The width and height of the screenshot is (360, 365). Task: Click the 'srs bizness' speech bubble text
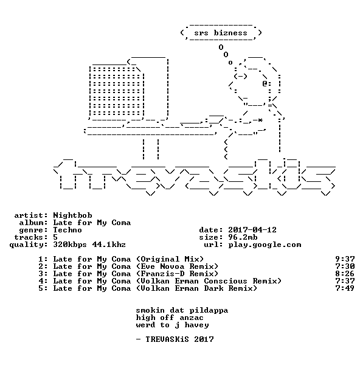pyautogui.click(x=221, y=33)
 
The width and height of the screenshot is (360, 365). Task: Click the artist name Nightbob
pyautogui.click(x=72, y=215)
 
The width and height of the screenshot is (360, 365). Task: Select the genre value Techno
pyautogui.click(x=67, y=230)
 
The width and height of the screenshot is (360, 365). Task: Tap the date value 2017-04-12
pyautogui.click(x=252, y=230)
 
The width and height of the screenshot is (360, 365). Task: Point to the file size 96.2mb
pyautogui.click(x=243, y=237)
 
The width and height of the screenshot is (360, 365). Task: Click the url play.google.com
pyautogui.click(x=265, y=245)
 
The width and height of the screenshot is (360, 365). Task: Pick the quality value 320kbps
pyautogui.click(x=70, y=245)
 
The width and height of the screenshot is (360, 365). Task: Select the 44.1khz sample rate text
pyautogui.click(x=109, y=245)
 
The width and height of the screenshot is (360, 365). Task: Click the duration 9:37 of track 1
pyautogui.click(x=345, y=259)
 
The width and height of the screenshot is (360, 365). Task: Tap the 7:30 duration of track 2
pyautogui.click(x=345, y=266)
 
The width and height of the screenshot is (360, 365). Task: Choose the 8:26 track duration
pyautogui.click(x=345, y=274)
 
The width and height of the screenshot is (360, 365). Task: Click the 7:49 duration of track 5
pyautogui.click(x=345, y=288)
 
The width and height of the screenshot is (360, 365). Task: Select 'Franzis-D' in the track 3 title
pyautogui.click(x=162, y=274)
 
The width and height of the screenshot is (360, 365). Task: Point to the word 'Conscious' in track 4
pyautogui.click(x=226, y=281)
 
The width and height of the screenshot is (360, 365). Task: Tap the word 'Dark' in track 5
pyautogui.click(x=213, y=288)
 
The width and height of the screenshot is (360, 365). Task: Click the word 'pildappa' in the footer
pyautogui.click(x=209, y=310)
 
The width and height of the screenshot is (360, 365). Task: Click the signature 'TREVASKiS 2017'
pyautogui.click(x=179, y=339)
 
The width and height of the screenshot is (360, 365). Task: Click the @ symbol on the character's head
pyautogui.click(x=265, y=83)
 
